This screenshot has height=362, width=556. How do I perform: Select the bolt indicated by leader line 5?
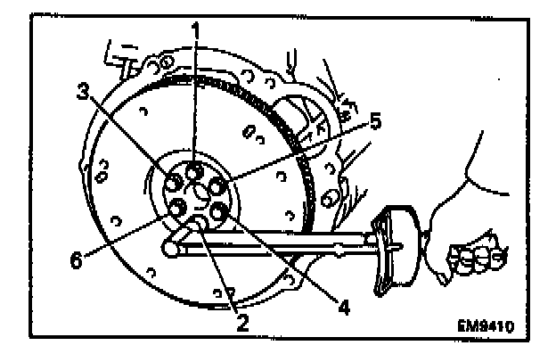click(x=217, y=187)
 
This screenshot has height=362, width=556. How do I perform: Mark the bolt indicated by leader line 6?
click(x=177, y=209)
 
